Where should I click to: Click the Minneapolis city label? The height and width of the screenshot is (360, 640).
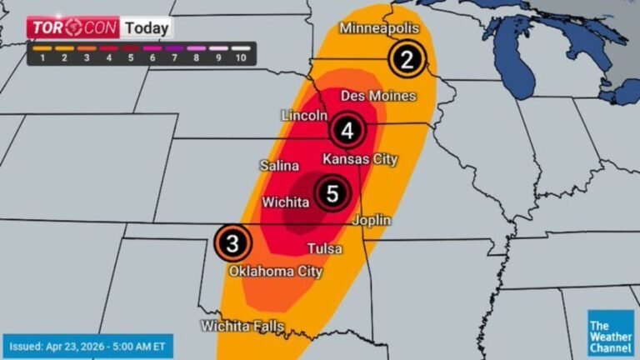click(378, 28)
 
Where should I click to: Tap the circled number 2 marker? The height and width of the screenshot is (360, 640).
click(407, 59)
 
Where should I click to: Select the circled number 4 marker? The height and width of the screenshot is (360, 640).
click(347, 131)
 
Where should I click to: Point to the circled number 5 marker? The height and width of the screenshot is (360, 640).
click(332, 194)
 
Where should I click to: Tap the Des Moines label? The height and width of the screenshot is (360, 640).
click(378, 96)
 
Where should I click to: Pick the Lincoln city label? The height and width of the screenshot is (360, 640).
click(304, 115)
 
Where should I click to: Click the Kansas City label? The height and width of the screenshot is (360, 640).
click(360, 158)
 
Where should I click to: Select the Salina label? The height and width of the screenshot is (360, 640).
click(278, 165)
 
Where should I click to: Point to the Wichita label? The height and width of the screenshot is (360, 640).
click(287, 202)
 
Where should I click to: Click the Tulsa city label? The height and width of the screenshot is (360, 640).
click(324, 248)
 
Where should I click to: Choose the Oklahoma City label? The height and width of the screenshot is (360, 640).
click(276, 271)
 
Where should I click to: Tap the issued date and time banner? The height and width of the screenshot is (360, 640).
click(87, 344)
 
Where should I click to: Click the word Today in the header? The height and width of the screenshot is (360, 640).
click(147, 27)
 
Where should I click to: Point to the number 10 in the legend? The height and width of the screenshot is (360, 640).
click(241, 57)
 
